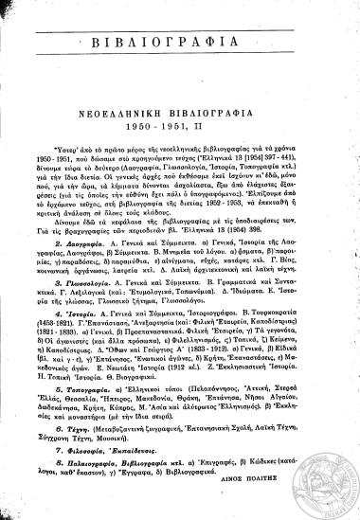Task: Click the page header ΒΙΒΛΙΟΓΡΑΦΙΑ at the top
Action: (x=180, y=44)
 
